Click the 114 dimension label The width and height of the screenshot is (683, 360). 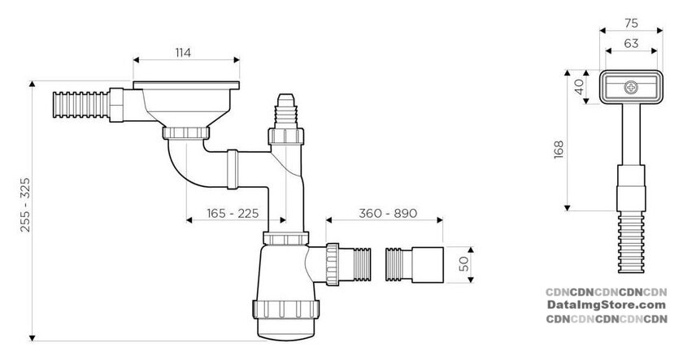point(183,53)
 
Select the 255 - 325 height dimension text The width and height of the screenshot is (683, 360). point(25,204)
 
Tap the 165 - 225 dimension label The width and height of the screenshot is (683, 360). point(233,213)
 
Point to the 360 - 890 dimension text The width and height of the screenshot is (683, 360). point(388,213)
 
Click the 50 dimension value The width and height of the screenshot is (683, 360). point(464,264)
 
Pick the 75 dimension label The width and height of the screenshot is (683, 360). point(631,23)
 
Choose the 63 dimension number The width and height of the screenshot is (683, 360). point(631,44)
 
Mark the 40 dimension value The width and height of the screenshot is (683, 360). point(579,87)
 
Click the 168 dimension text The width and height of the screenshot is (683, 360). point(559,150)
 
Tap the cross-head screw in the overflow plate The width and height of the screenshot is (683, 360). point(631,87)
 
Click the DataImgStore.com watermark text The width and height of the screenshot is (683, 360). point(607,306)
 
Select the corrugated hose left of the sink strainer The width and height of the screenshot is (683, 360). point(80,105)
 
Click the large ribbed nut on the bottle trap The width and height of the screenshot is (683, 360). point(285,309)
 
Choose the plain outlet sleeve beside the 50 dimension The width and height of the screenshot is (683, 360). point(428,265)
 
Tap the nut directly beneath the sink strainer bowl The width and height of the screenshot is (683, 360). point(186,132)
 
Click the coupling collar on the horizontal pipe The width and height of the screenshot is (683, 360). point(233,169)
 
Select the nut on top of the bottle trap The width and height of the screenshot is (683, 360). point(285,238)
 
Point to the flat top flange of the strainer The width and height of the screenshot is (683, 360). point(186,85)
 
